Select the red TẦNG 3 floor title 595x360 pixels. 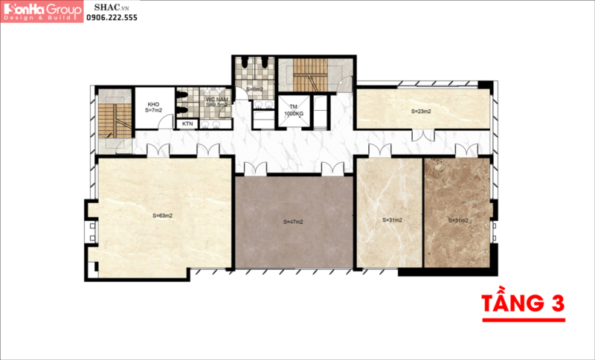pyautogui.click(x=523, y=303)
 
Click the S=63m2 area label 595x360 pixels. pyautogui.click(x=163, y=216)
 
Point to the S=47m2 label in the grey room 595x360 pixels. pyautogui.click(x=294, y=222)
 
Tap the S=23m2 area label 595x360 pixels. pyautogui.click(x=422, y=112)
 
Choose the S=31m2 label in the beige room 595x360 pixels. pyautogui.click(x=392, y=220)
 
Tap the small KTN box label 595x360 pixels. pyautogui.click(x=187, y=123)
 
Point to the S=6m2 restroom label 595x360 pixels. pyautogui.click(x=255, y=90)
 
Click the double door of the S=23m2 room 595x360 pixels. pyautogui.click(x=424, y=135)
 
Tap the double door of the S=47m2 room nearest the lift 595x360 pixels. pyautogui.click(x=333, y=169)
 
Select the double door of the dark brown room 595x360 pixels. pyautogui.click(x=466, y=150)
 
